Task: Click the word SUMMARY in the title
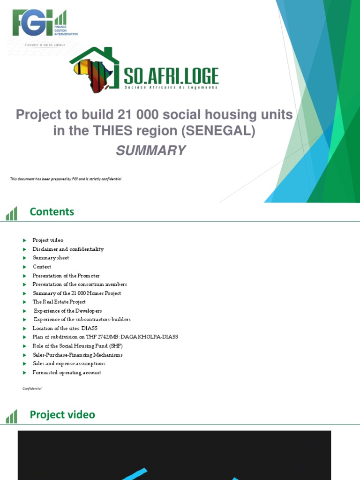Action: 154,150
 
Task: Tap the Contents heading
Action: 52,211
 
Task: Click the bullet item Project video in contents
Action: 47,240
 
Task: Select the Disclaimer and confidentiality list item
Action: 68,249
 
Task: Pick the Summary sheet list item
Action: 51,258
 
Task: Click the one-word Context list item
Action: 42,267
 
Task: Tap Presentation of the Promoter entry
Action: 66,276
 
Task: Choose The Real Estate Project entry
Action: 59,302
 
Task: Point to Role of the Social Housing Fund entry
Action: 77,346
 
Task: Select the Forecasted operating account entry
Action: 67,372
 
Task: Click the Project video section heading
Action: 62,414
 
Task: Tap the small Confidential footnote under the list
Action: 32,389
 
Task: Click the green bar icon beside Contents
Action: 11,214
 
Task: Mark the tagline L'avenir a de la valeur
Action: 45,45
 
